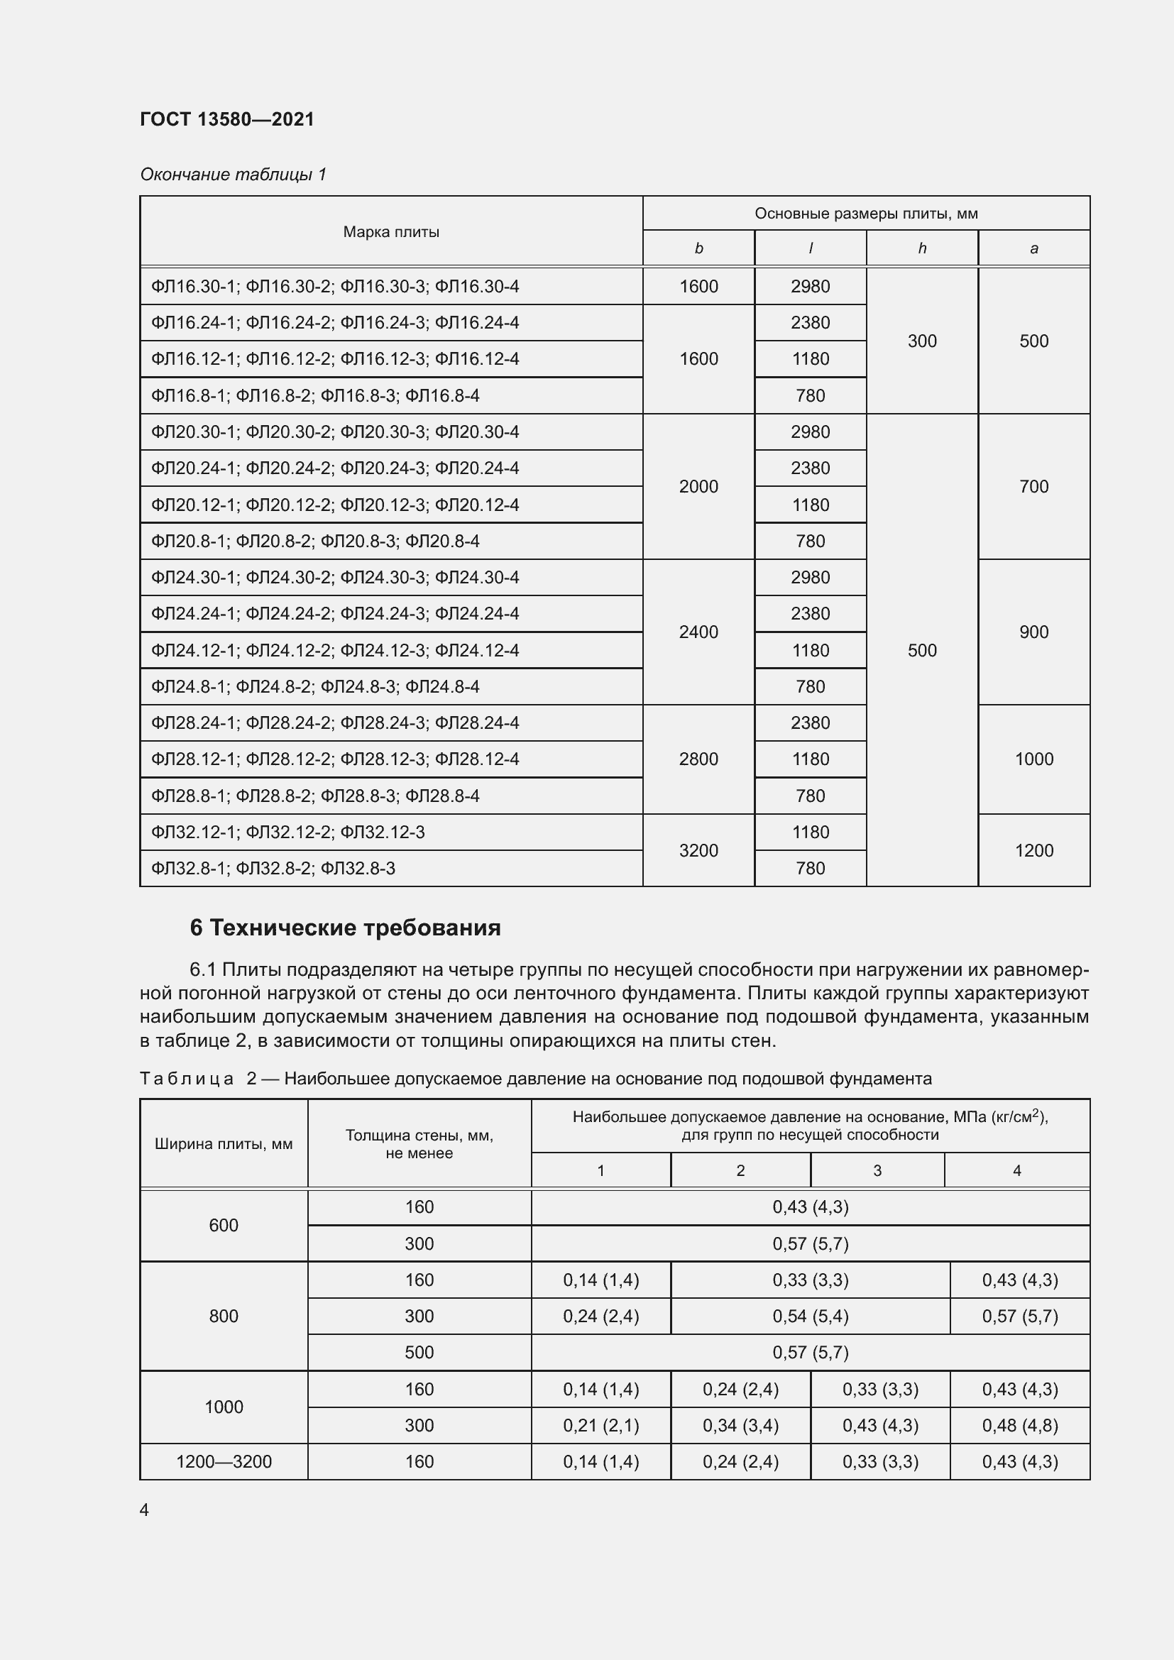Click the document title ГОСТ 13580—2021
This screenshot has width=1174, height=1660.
pyautogui.click(x=227, y=119)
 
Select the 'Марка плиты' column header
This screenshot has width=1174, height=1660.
pyautogui.click(x=391, y=231)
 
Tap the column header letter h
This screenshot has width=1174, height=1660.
pyautogui.click(x=922, y=248)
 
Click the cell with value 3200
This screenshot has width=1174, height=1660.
pyautogui.click(x=698, y=850)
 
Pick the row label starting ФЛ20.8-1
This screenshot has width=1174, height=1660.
pyautogui.click(x=315, y=541)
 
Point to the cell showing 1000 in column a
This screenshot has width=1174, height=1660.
pyautogui.click(x=1033, y=759)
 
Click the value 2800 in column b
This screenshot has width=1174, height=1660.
pyautogui.click(x=698, y=759)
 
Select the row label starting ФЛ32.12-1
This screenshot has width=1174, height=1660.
pyautogui.click(x=287, y=832)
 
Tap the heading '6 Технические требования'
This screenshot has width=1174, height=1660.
pyautogui.click(x=345, y=928)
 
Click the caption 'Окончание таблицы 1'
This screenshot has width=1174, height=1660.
pyautogui.click(x=233, y=175)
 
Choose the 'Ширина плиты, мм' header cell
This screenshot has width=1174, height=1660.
pyautogui.click(x=224, y=1144)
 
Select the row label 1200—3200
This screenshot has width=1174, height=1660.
pyautogui.click(x=224, y=1461)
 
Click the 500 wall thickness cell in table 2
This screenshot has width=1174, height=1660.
pyautogui.click(x=419, y=1352)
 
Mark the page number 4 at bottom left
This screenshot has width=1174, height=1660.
pyautogui.click(x=144, y=1510)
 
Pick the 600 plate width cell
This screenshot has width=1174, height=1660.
pyautogui.click(x=224, y=1225)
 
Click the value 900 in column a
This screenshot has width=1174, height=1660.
pyautogui.click(x=1033, y=632)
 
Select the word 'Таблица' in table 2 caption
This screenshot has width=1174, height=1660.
pyautogui.click(x=187, y=1079)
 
